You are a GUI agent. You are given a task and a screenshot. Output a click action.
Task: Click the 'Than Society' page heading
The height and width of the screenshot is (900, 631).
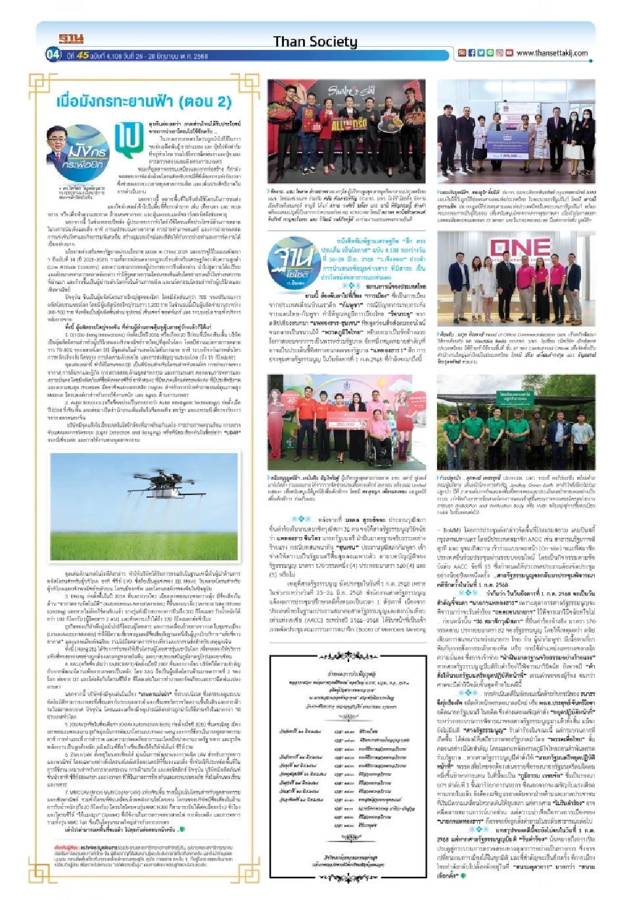point(315,41)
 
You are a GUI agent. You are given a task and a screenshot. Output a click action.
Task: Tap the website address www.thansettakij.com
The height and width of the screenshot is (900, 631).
point(551,53)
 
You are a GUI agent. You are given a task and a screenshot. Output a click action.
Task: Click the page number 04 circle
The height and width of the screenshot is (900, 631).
point(53,54)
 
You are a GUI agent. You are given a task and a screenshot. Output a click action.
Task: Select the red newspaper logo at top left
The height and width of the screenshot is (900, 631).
point(71,39)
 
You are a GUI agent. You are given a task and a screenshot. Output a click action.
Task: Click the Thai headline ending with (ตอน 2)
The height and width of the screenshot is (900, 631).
point(143,101)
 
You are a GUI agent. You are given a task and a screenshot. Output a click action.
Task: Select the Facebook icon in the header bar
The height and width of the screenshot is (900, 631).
point(472,53)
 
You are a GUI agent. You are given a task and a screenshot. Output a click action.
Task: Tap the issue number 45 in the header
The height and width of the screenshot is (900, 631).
point(82,56)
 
